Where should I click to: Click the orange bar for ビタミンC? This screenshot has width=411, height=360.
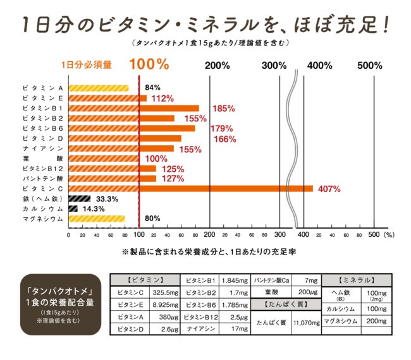190,188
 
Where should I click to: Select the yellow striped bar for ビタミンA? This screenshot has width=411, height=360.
98,88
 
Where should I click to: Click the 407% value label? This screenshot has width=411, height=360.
329,188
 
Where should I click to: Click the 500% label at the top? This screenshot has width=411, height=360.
369,65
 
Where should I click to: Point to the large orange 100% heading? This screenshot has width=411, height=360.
149,64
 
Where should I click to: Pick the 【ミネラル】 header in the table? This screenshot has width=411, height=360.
357,279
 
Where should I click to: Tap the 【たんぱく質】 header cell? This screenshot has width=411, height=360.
286,306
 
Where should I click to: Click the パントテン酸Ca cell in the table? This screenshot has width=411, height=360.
271,279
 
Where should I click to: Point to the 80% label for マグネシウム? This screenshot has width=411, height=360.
152,219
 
